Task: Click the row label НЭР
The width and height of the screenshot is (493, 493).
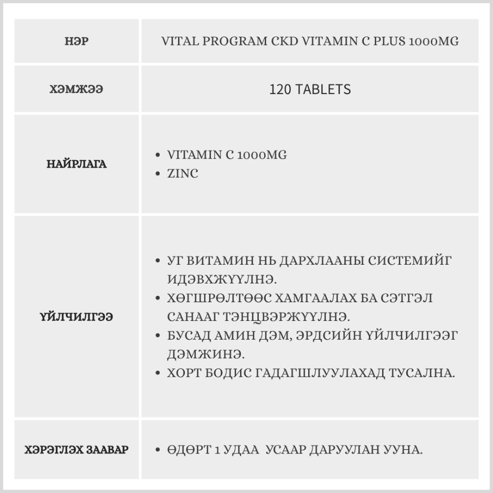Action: pyautogui.click(x=76, y=41)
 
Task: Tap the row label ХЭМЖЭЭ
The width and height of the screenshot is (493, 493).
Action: pyautogui.click(x=76, y=90)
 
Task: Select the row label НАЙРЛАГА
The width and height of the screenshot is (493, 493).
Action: pyautogui.click(x=76, y=165)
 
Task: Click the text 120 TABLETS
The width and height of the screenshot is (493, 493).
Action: pyautogui.click(x=310, y=89)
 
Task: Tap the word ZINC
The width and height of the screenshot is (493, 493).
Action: pyautogui.click(x=182, y=174)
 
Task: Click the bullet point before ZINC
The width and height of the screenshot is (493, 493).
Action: pyautogui.click(x=157, y=174)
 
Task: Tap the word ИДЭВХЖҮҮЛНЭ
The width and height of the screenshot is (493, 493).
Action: pyautogui.click(x=222, y=280)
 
